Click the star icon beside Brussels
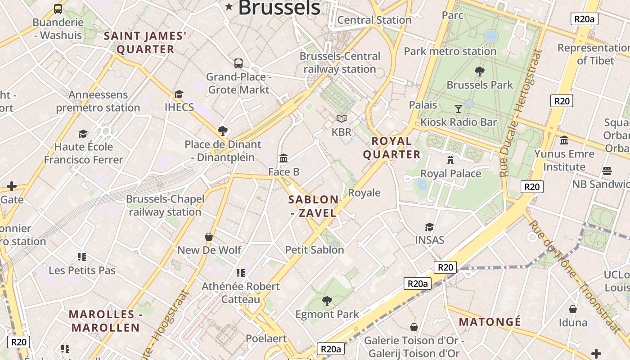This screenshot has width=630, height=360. click(229, 6)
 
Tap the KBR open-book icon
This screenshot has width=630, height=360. click(342, 118)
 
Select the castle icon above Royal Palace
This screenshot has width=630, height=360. click(450, 160)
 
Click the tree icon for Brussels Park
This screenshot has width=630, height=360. click(479, 71)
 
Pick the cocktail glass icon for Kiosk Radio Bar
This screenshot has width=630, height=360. click(458, 108)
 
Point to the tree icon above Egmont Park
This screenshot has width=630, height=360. click(327, 301)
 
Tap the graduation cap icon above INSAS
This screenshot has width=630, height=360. click(429, 227)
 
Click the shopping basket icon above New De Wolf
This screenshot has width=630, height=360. click(209, 236)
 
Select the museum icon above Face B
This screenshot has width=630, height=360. click(283, 158)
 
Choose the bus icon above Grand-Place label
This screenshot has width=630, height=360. click(238, 63)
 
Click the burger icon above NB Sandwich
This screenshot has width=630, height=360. click(607, 171)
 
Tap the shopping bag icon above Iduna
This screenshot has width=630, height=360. click(573, 309)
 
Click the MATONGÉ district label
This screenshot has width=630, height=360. click(490, 322)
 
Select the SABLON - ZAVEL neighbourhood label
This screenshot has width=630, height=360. click(314, 206)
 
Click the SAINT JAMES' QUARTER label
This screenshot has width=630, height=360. click(145, 42)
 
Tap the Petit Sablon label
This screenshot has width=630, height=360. click(315, 250)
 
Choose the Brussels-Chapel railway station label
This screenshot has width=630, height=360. click(165, 205)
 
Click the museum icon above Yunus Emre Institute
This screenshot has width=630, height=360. click(564, 140)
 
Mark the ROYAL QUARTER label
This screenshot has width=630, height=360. click(391, 148)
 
